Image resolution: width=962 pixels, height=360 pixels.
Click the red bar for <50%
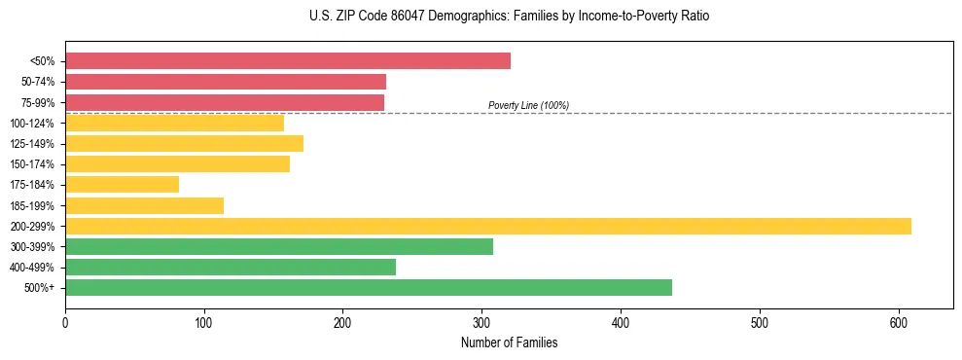tap(288, 61)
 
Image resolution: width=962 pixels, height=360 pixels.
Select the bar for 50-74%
tap(226, 82)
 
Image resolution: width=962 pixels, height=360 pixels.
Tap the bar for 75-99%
tap(225, 102)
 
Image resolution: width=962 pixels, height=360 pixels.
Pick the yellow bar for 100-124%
tap(174, 123)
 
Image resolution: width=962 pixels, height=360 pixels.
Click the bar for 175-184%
tap(122, 185)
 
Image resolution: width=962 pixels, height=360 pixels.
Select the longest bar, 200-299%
tap(488, 226)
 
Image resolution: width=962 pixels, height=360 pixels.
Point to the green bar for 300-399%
tap(279, 246)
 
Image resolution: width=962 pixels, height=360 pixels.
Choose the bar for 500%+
tap(369, 287)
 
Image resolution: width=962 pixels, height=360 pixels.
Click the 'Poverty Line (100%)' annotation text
tap(528, 105)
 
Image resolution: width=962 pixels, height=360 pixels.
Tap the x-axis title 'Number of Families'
tap(509, 342)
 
